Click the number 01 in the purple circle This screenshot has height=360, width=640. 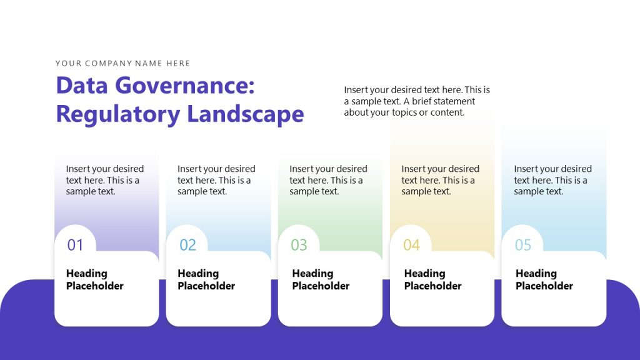tap(75, 245)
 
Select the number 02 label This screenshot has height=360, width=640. tap(187, 245)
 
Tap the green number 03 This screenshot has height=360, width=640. tap(299, 245)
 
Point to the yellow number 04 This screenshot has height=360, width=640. tap(411, 245)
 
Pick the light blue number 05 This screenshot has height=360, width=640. tap(522, 245)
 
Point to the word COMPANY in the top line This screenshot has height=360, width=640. tap(109, 63)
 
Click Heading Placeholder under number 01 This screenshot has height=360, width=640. tap(95, 279)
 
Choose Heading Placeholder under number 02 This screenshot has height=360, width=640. tap(206, 279)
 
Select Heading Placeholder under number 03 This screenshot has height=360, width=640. tap(321, 279)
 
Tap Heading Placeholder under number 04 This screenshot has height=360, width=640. tap(432, 279)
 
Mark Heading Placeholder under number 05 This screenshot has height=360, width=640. tap(544, 279)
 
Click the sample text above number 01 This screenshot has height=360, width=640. tap(104, 180)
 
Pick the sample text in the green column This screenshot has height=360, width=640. tap(328, 180)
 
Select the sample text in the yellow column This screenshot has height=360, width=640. tap(440, 180)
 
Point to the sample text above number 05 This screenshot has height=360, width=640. tap(552, 180)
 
